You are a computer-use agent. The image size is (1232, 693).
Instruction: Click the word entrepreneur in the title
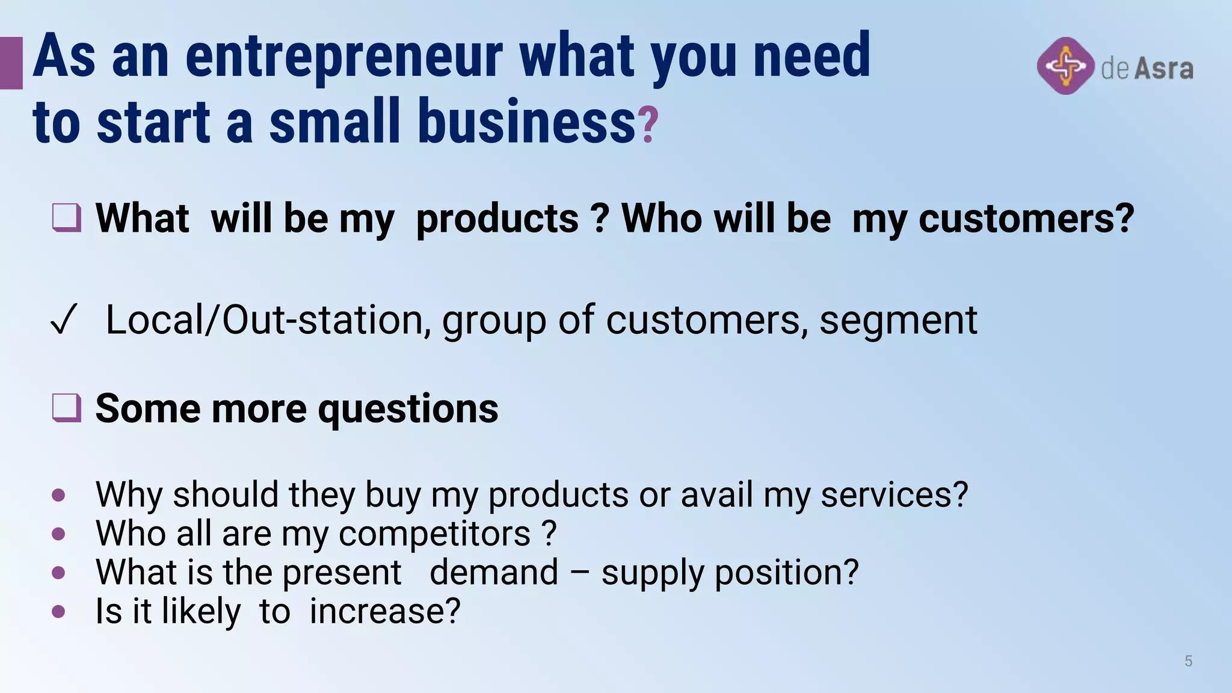tap(343, 57)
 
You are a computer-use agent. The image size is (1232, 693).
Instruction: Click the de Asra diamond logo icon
tap(1065, 66)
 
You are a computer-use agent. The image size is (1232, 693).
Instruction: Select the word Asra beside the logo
tap(1163, 69)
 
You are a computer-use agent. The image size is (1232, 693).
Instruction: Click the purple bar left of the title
tap(11, 63)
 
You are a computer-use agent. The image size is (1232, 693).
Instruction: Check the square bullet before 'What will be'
tap(66, 218)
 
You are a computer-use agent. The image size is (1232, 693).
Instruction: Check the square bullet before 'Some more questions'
tap(66, 408)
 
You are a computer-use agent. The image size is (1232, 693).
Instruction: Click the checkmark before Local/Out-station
tap(64, 319)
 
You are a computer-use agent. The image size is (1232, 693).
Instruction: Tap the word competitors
tap(434, 534)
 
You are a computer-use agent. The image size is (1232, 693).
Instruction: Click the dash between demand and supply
tap(579, 573)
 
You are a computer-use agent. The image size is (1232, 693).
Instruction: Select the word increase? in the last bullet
tap(385, 611)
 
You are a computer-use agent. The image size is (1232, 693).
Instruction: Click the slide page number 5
tap(1188, 661)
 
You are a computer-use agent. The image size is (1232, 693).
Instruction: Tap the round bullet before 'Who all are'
tap(58, 534)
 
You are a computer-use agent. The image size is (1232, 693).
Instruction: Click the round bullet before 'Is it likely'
tap(58, 612)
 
